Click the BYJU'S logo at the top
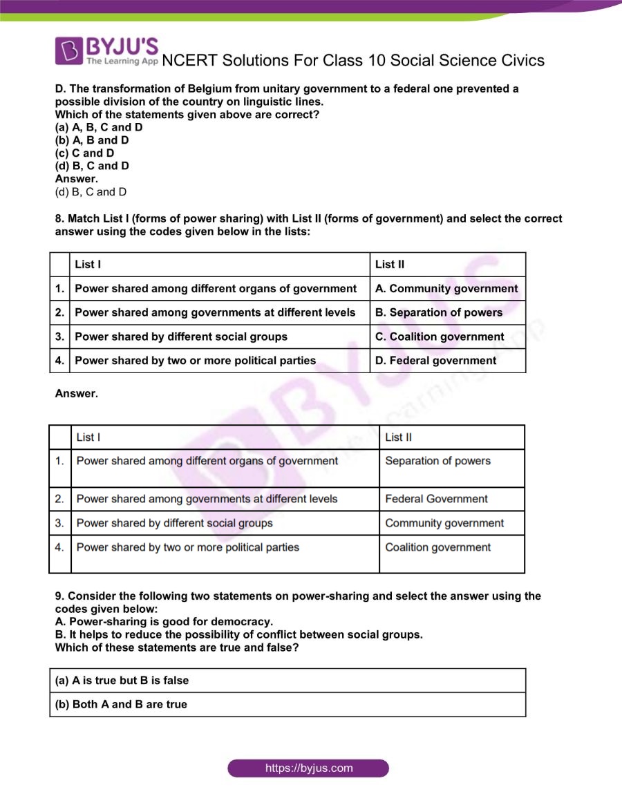pos(107,50)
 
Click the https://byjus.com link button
pos(308,768)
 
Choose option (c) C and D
pos(85,153)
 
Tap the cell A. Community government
pos(446,289)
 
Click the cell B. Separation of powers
pos(439,312)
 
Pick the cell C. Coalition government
pos(440,337)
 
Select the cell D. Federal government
pos(435,361)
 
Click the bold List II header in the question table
pos(390,265)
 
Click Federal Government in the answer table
pos(436,499)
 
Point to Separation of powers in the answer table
pos(437,461)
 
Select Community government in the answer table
pos(444,523)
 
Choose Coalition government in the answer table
pos(437,547)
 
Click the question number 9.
pos(59,596)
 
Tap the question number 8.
pos(59,218)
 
